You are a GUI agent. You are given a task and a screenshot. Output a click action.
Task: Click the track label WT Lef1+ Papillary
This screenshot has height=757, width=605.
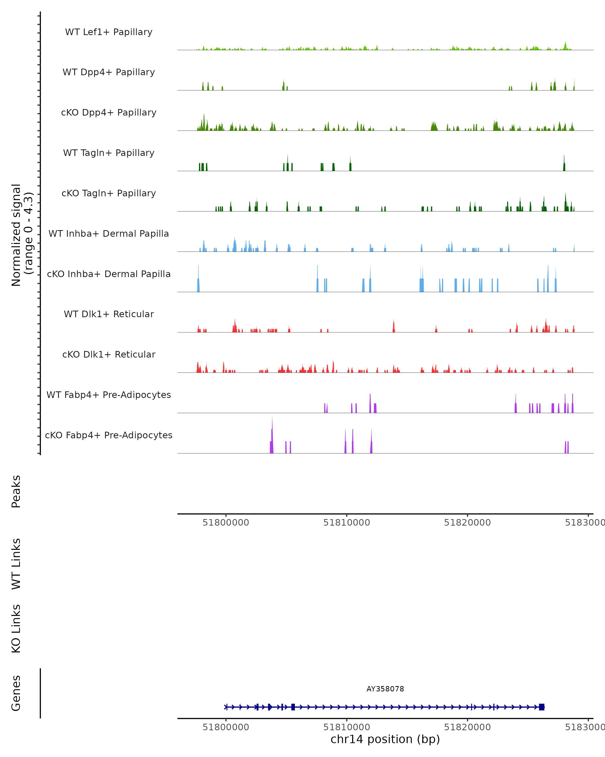coord(109,32)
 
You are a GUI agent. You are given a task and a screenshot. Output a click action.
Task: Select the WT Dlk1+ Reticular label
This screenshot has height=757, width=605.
coord(109,314)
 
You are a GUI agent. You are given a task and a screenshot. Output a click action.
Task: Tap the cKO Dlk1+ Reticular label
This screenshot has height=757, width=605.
coord(109,354)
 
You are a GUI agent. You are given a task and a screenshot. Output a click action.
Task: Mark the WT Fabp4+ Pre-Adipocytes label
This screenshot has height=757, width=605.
coord(109,395)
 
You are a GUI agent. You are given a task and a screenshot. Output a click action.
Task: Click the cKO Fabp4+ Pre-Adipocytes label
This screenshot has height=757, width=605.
coord(109,435)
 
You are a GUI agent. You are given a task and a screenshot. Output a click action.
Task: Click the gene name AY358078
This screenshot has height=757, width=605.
coord(385,689)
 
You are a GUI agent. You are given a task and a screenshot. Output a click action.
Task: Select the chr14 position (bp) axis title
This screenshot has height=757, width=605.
coord(385,739)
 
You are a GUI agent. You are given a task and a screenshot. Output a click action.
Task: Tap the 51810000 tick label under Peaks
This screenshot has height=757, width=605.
coord(347,523)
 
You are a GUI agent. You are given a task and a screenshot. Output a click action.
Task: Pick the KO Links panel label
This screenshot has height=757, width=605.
coord(16,629)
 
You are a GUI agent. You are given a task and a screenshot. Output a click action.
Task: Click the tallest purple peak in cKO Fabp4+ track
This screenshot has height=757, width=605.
coord(272,435)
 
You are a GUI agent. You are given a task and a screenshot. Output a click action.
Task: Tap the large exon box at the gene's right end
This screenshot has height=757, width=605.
coord(541,707)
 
